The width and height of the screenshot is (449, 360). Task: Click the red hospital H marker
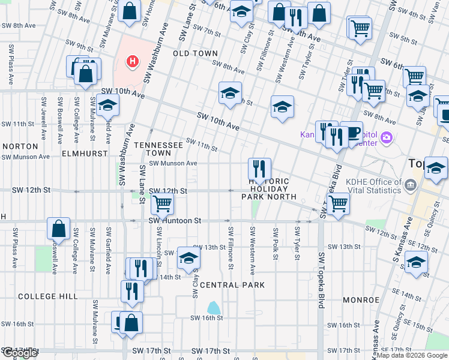132,61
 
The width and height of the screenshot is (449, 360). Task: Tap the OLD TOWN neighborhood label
195,53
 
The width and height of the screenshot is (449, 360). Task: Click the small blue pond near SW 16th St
213,308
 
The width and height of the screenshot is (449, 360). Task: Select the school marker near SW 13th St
188,257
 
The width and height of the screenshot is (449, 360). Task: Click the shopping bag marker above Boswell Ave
59,228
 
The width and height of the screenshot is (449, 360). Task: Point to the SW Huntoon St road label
175,221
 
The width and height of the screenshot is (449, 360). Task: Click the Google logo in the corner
19,353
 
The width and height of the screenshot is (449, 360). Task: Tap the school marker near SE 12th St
416,262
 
